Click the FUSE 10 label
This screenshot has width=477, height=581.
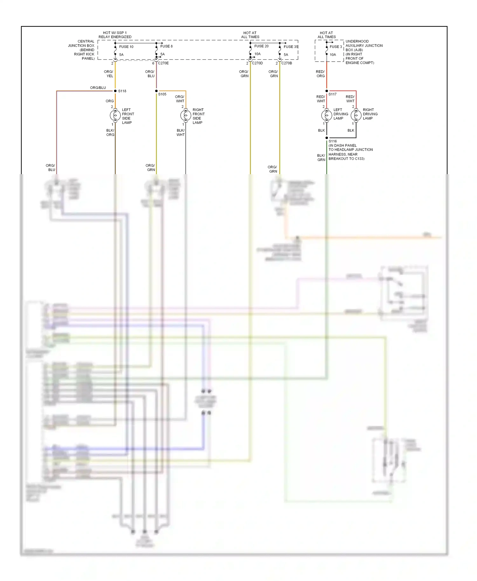click(126, 47)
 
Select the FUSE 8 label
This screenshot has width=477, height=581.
click(166, 46)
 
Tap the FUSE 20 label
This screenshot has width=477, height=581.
click(261, 46)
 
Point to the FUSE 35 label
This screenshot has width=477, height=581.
click(291, 47)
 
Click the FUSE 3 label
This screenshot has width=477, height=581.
click(335, 47)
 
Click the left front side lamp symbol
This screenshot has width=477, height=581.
click(115, 115)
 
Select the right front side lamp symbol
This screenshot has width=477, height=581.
click(186, 115)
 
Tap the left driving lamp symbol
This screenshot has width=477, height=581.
click(327, 115)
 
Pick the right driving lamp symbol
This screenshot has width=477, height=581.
click(356, 115)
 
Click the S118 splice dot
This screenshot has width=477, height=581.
click(115, 91)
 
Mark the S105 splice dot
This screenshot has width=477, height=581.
click(156, 91)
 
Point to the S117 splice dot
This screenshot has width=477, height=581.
click(327, 91)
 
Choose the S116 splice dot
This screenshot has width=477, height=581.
click(327, 138)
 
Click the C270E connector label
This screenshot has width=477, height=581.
click(163, 63)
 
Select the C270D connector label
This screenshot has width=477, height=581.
click(257, 63)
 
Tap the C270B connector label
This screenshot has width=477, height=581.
click(287, 63)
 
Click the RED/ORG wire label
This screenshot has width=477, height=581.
click(320, 74)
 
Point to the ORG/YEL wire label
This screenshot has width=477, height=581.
click(108, 74)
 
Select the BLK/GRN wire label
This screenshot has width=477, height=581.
click(321, 158)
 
